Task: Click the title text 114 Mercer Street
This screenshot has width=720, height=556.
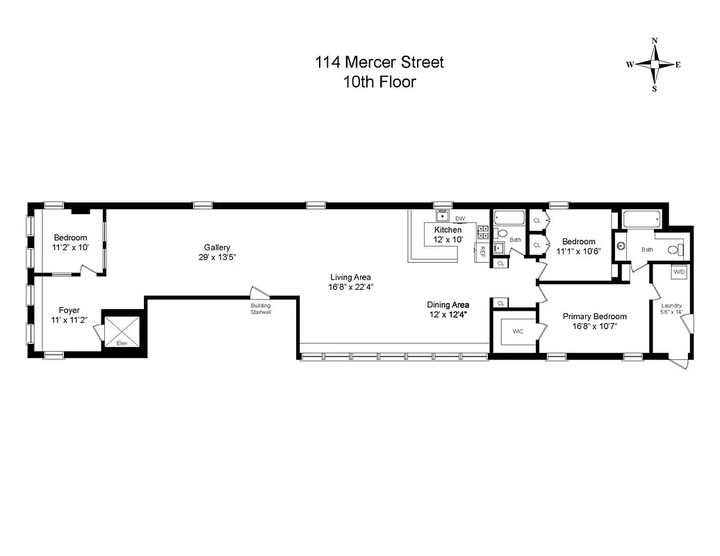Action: point(379,63)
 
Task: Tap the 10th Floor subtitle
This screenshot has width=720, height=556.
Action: point(379,81)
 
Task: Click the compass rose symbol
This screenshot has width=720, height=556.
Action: point(653,65)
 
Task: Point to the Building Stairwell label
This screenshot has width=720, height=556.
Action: point(261,309)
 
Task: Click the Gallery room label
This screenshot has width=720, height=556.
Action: point(217,247)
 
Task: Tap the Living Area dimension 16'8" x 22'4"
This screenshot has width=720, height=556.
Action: point(350,286)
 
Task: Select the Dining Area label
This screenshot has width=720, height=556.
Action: point(448,304)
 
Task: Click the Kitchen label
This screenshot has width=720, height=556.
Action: point(448,229)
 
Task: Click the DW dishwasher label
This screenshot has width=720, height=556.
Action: point(460,218)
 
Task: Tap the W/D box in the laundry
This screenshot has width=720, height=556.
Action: point(678,272)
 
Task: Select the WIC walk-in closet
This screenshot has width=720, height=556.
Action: point(518,332)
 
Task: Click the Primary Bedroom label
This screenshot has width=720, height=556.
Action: point(589,316)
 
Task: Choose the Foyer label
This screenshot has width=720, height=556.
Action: point(69,311)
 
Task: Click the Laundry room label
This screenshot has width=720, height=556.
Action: point(671,305)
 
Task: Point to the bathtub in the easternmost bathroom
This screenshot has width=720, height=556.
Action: point(642,220)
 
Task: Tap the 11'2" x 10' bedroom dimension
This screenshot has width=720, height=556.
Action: point(70,247)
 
